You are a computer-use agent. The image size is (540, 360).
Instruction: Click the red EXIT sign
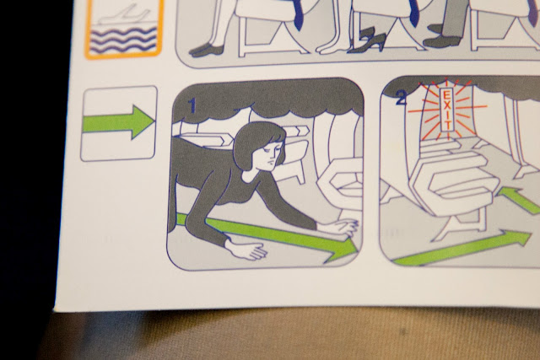[x=447, y=110]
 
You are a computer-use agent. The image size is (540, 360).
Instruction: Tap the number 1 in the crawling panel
[x=192, y=105]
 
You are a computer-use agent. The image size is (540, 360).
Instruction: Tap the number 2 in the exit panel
[x=402, y=98]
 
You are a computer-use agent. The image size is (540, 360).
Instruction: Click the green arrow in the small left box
[x=118, y=122]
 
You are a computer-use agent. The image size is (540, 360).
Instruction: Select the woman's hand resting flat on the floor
[x=246, y=250]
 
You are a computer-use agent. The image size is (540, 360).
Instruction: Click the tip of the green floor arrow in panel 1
[x=358, y=249]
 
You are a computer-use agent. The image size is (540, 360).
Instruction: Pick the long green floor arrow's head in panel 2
[x=516, y=238]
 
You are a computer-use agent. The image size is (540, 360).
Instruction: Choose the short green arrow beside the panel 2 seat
[x=517, y=199]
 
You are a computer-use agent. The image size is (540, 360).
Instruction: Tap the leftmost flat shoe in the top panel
[x=207, y=50]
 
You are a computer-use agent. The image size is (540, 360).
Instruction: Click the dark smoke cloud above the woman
[x=268, y=98]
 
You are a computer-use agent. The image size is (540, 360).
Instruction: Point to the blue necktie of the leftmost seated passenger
[x=299, y=13]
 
